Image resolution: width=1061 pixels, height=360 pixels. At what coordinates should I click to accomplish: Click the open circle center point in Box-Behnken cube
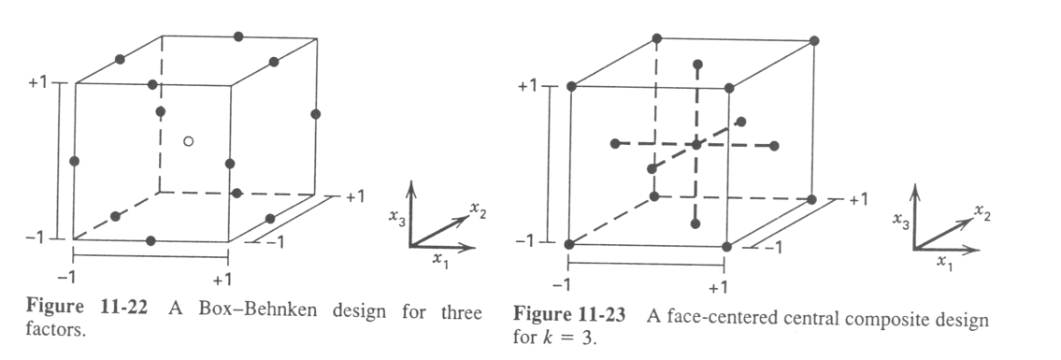(x=188, y=141)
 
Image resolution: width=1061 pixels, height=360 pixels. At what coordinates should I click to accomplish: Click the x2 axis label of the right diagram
(x=982, y=214)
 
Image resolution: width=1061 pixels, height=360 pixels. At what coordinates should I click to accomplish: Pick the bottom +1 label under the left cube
(x=222, y=279)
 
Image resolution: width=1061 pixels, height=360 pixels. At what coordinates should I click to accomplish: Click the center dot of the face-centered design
(x=696, y=145)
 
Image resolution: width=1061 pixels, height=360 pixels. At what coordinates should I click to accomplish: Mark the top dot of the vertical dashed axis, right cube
(x=697, y=64)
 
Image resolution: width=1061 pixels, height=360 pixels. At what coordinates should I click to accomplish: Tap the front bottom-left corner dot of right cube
(x=569, y=245)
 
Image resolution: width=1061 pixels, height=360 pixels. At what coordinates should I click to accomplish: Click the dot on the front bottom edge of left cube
(x=151, y=240)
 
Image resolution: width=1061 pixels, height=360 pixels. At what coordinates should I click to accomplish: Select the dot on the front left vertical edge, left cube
(x=75, y=161)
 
